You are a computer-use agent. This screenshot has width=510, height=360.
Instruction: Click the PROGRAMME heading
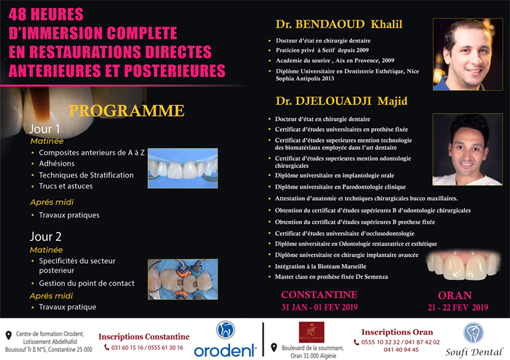(x=126, y=111)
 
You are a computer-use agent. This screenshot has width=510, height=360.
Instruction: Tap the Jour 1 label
(x=45, y=129)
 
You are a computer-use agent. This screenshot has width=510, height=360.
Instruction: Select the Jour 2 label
(x=45, y=236)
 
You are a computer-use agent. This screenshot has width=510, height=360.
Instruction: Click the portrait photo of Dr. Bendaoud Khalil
(x=468, y=54)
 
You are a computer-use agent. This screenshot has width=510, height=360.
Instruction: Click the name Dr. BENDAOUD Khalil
(x=339, y=25)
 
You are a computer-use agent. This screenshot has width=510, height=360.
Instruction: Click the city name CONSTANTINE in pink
(x=319, y=295)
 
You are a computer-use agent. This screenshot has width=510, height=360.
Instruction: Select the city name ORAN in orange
(x=454, y=295)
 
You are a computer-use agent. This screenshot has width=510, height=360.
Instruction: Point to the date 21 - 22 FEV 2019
(x=454, y=307)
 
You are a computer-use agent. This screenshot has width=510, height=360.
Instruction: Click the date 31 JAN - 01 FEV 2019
(x=319, y=306)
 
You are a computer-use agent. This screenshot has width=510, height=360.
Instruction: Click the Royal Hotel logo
(x=306, y=333)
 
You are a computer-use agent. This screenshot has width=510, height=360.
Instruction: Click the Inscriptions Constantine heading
(x=144, y=337)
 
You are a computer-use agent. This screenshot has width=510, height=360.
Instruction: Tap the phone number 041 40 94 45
(x=400, y=350)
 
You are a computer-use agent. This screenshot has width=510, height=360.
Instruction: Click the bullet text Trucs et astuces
(x=66, y=186)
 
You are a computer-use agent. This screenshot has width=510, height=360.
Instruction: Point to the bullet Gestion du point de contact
(x=86, y=284)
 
